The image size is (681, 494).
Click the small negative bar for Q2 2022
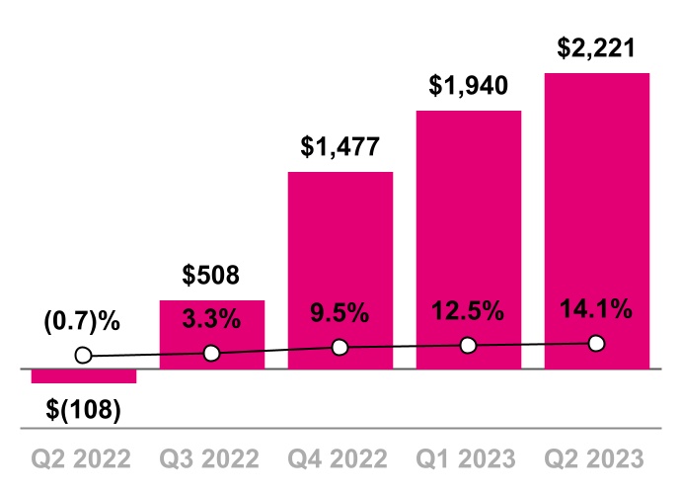point(84,376)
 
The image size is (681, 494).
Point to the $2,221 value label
point(596,47)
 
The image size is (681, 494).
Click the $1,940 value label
point(468,85)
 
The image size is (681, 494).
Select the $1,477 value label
point(340,147)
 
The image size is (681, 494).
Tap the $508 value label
point(211,276)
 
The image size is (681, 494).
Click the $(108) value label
point(84,408)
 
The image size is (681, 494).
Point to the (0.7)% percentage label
point(81,321)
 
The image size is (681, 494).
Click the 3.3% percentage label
point(211,318)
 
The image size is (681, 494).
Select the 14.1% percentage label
point(596,309)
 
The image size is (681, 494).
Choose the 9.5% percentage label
point(340,314)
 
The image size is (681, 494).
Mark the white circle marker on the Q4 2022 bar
point(340,347)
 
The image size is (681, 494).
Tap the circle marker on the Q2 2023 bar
point(596,343)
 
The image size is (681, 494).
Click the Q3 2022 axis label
point(211,459)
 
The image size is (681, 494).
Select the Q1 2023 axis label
point(468,459)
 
